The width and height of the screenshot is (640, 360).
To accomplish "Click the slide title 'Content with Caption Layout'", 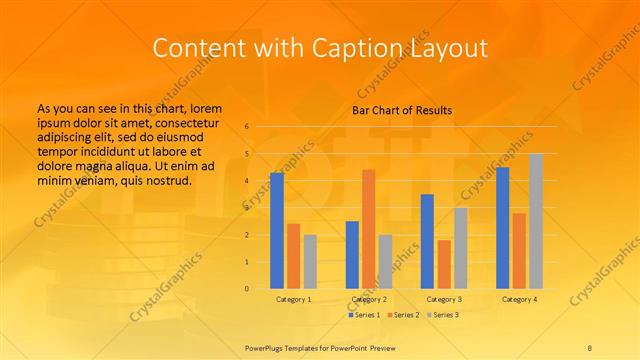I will coord(319,47).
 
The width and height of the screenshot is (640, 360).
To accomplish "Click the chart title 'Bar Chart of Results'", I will coord(402,110).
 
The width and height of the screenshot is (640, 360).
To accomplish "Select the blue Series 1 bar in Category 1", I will coord(277,231).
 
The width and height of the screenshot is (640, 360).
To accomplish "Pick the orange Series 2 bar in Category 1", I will coord(294,256).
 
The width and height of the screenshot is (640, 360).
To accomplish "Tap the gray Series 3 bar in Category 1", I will coord(310,261).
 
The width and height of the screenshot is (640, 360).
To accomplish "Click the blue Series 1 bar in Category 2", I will coord(352,254).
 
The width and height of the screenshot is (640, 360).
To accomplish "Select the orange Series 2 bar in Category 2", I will coord(369,229).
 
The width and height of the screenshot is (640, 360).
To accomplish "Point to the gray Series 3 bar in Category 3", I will coord(461,248).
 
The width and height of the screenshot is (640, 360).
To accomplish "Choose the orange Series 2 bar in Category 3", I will coord(444,264).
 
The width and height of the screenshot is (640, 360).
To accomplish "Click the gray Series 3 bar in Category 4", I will coord(536,221).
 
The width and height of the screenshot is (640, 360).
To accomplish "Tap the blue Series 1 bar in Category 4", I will coord(502,228).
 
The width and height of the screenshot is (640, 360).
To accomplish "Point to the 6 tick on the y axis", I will coord(247,127).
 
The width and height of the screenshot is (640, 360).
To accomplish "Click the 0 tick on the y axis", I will coord(247,289).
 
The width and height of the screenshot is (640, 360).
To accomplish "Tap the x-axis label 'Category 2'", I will coord(369,299).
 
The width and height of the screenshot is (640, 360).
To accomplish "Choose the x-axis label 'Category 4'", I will coord(519,299).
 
